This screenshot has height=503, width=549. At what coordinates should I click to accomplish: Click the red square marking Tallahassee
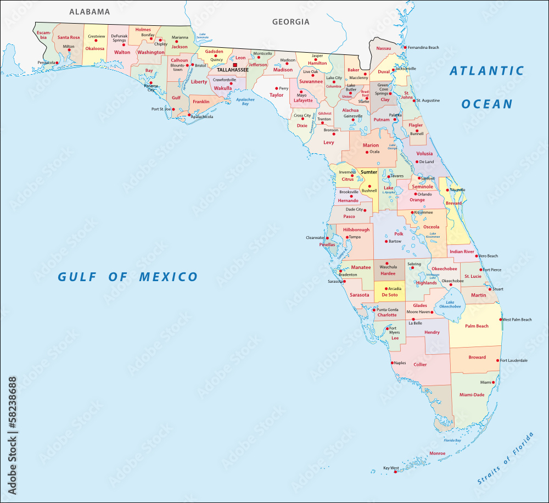(x=236, y=65)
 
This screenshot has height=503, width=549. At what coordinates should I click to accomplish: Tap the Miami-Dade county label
(x=472, y=394)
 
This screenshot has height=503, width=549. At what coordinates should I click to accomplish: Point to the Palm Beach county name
(x=477, y=326)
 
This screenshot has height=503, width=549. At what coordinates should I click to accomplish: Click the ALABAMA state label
(x=89, y=12)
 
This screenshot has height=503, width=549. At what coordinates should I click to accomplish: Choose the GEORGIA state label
(x=291, y=22)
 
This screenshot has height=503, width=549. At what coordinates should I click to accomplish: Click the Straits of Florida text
(x=506, y=459)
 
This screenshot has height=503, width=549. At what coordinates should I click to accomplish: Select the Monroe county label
(x=438, y=454)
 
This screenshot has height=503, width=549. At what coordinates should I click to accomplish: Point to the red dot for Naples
(x=392, y=362)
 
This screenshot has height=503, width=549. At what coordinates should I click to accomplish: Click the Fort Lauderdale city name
(x=514, y=360)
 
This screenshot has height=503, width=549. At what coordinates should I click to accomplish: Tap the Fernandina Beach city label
(x=423, y=48)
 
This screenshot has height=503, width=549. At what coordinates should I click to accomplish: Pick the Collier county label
(x=420, y=365)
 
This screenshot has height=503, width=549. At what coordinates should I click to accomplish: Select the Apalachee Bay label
(x=242, y=102)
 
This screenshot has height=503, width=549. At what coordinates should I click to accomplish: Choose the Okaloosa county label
(x=94, y=48)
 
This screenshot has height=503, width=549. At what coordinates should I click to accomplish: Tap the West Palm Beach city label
(x=517, y=320)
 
